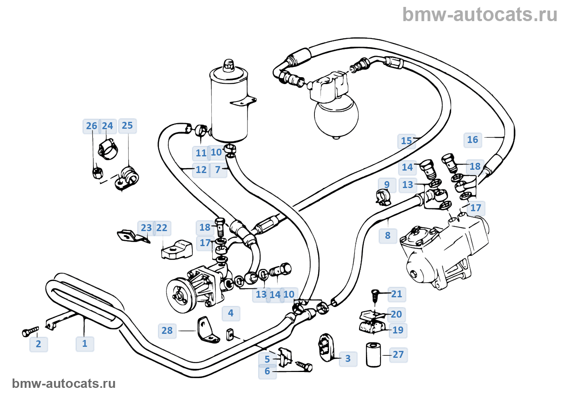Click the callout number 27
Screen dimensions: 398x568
pos(398,355)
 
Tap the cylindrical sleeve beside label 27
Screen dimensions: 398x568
pos(374,354)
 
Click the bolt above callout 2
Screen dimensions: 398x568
pos(30,332)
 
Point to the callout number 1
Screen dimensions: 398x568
pos(85,344)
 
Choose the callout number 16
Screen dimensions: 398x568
pos(473,140)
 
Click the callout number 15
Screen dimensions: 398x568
pos(407,141)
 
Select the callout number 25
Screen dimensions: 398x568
pos(127,125)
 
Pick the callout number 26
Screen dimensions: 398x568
pos(92,126)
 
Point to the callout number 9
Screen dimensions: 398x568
pos(387,185)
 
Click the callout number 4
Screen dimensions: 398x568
pos(231,313)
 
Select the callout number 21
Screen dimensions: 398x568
pos(397,294)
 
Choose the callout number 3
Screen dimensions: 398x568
pos(348,359)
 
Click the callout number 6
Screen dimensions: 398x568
pos(267,371)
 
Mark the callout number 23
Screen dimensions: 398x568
pos(146,228)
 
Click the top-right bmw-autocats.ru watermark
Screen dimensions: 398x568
pos(480,15)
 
